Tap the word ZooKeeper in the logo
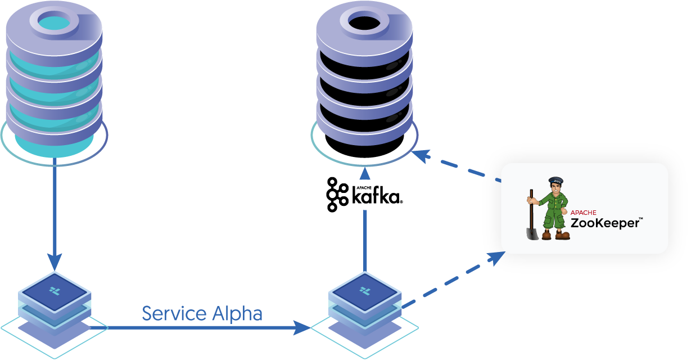click(604, 223)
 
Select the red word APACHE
click(583, 213)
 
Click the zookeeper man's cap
click(555, 181)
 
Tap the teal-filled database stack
click(54, 79)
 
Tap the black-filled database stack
click(364, 79)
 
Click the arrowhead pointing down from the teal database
click(55, 261)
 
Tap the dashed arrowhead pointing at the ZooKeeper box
click(496, 258)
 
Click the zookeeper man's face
click(555, 190)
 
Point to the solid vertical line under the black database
click(365, 239)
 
